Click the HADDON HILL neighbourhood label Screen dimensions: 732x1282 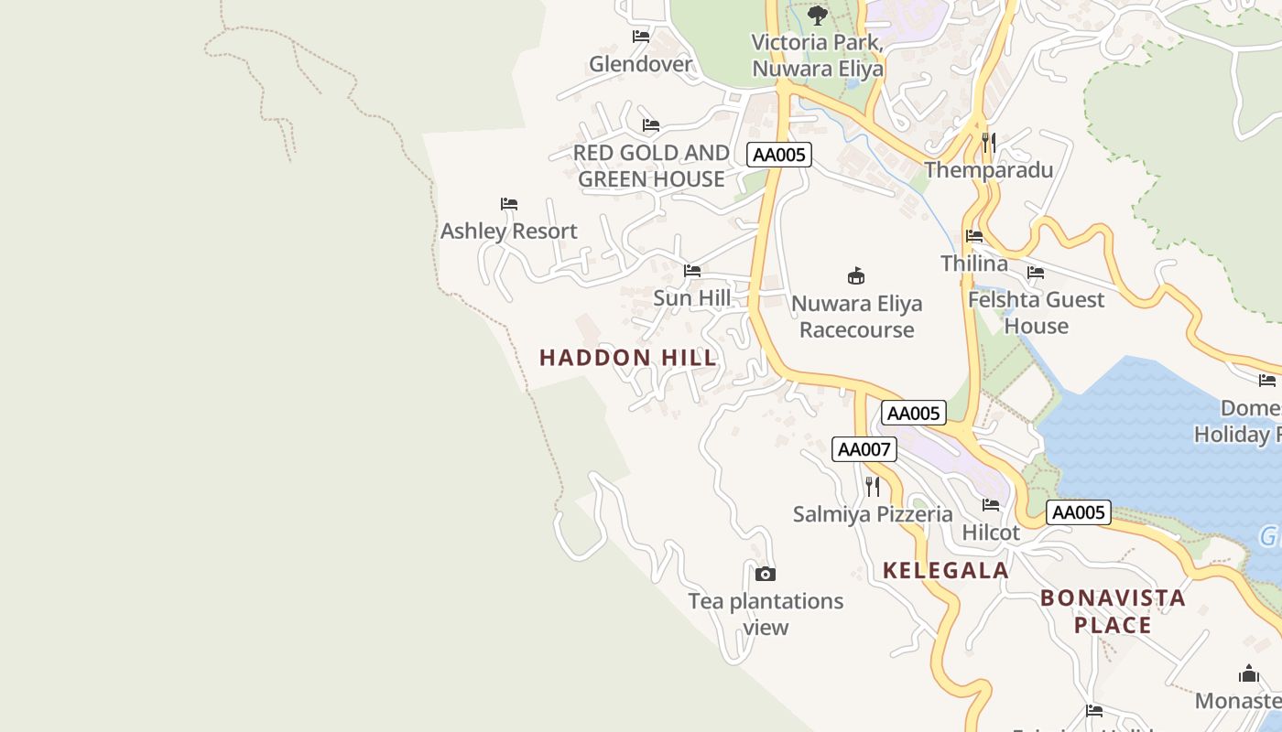click(x=628, y=358)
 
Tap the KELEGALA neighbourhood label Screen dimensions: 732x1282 click(x=945, y=571)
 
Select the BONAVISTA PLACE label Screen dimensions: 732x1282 click(x=1113, y=611)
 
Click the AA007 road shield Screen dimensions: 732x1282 click(x=864, y=449)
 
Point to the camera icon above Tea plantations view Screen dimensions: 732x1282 click(x=765, y=575)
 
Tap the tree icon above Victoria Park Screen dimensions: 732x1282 click(x=817, y=16)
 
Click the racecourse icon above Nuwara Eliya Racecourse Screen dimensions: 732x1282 click(x=856, y=275)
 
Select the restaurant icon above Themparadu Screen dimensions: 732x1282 click(x=988, y=143)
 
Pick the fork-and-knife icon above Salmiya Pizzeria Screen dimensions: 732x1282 click(x=872, y=486)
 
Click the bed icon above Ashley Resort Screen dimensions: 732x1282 click(x=508, y=203)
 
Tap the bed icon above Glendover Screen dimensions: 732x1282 click(x=640, y=37)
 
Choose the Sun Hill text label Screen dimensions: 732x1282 click(x=691, y=298)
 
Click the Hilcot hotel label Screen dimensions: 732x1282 click(x=991, y=533)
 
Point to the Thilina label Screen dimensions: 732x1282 click(x=973, y=264)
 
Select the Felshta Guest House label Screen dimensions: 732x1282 click(x=1036, y=313)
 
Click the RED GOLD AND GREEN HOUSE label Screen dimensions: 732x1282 click(x=651, y=166)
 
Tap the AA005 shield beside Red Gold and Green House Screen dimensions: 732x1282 click(x=778, y=155)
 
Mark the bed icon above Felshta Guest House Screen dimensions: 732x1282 click(x=1036, y=273)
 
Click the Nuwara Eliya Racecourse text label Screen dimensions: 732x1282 click(x=856, y=317)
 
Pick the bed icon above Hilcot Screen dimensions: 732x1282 click(x=991, y=504)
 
